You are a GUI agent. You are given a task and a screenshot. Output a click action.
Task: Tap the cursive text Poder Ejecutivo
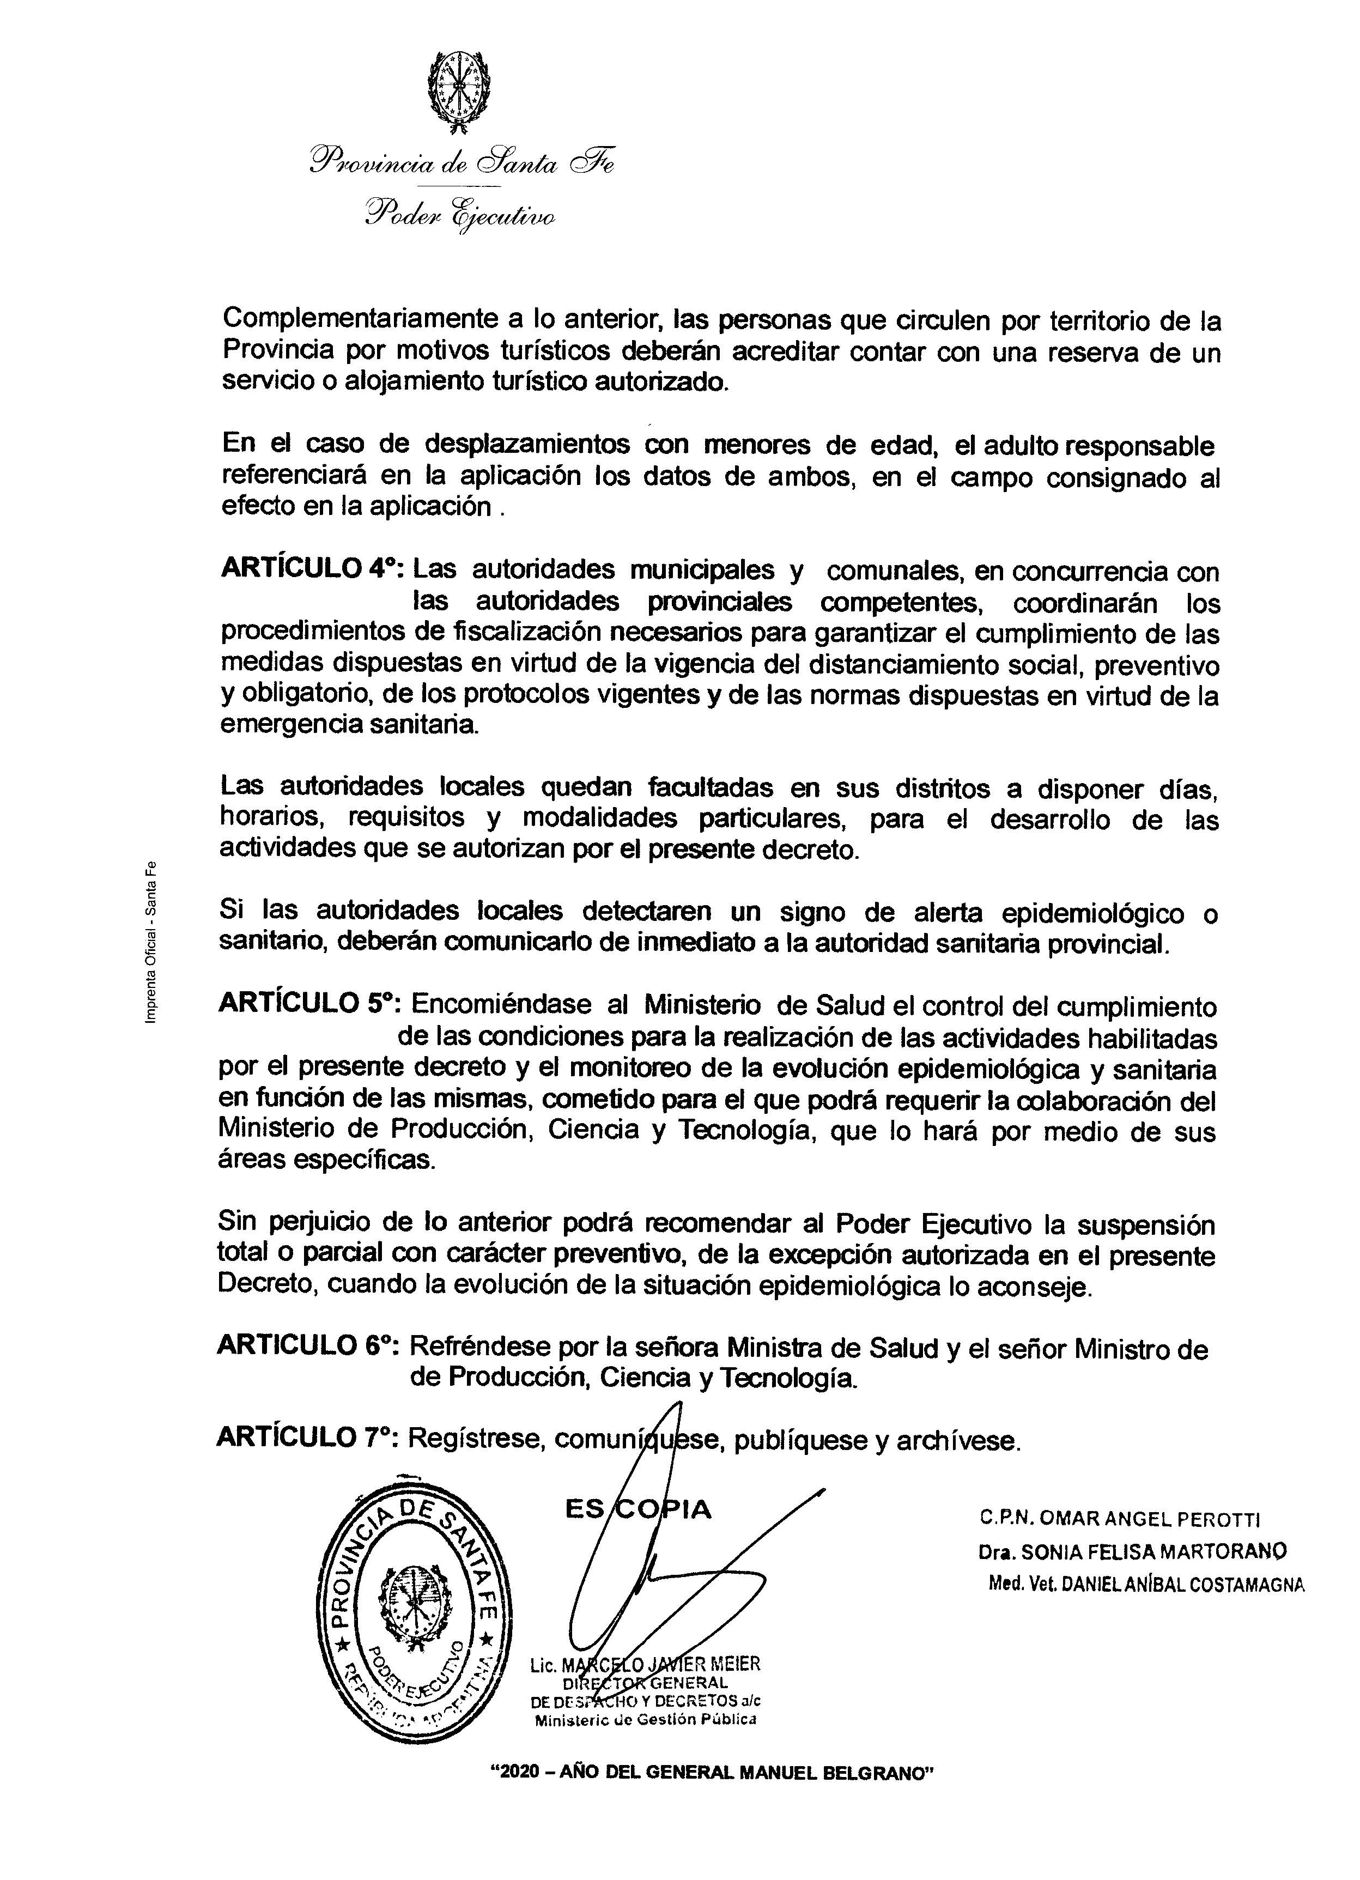click(461, 216)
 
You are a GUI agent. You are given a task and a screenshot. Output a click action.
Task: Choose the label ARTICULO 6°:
click(308, 1347)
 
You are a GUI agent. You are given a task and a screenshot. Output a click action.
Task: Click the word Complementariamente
click(358, 318)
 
